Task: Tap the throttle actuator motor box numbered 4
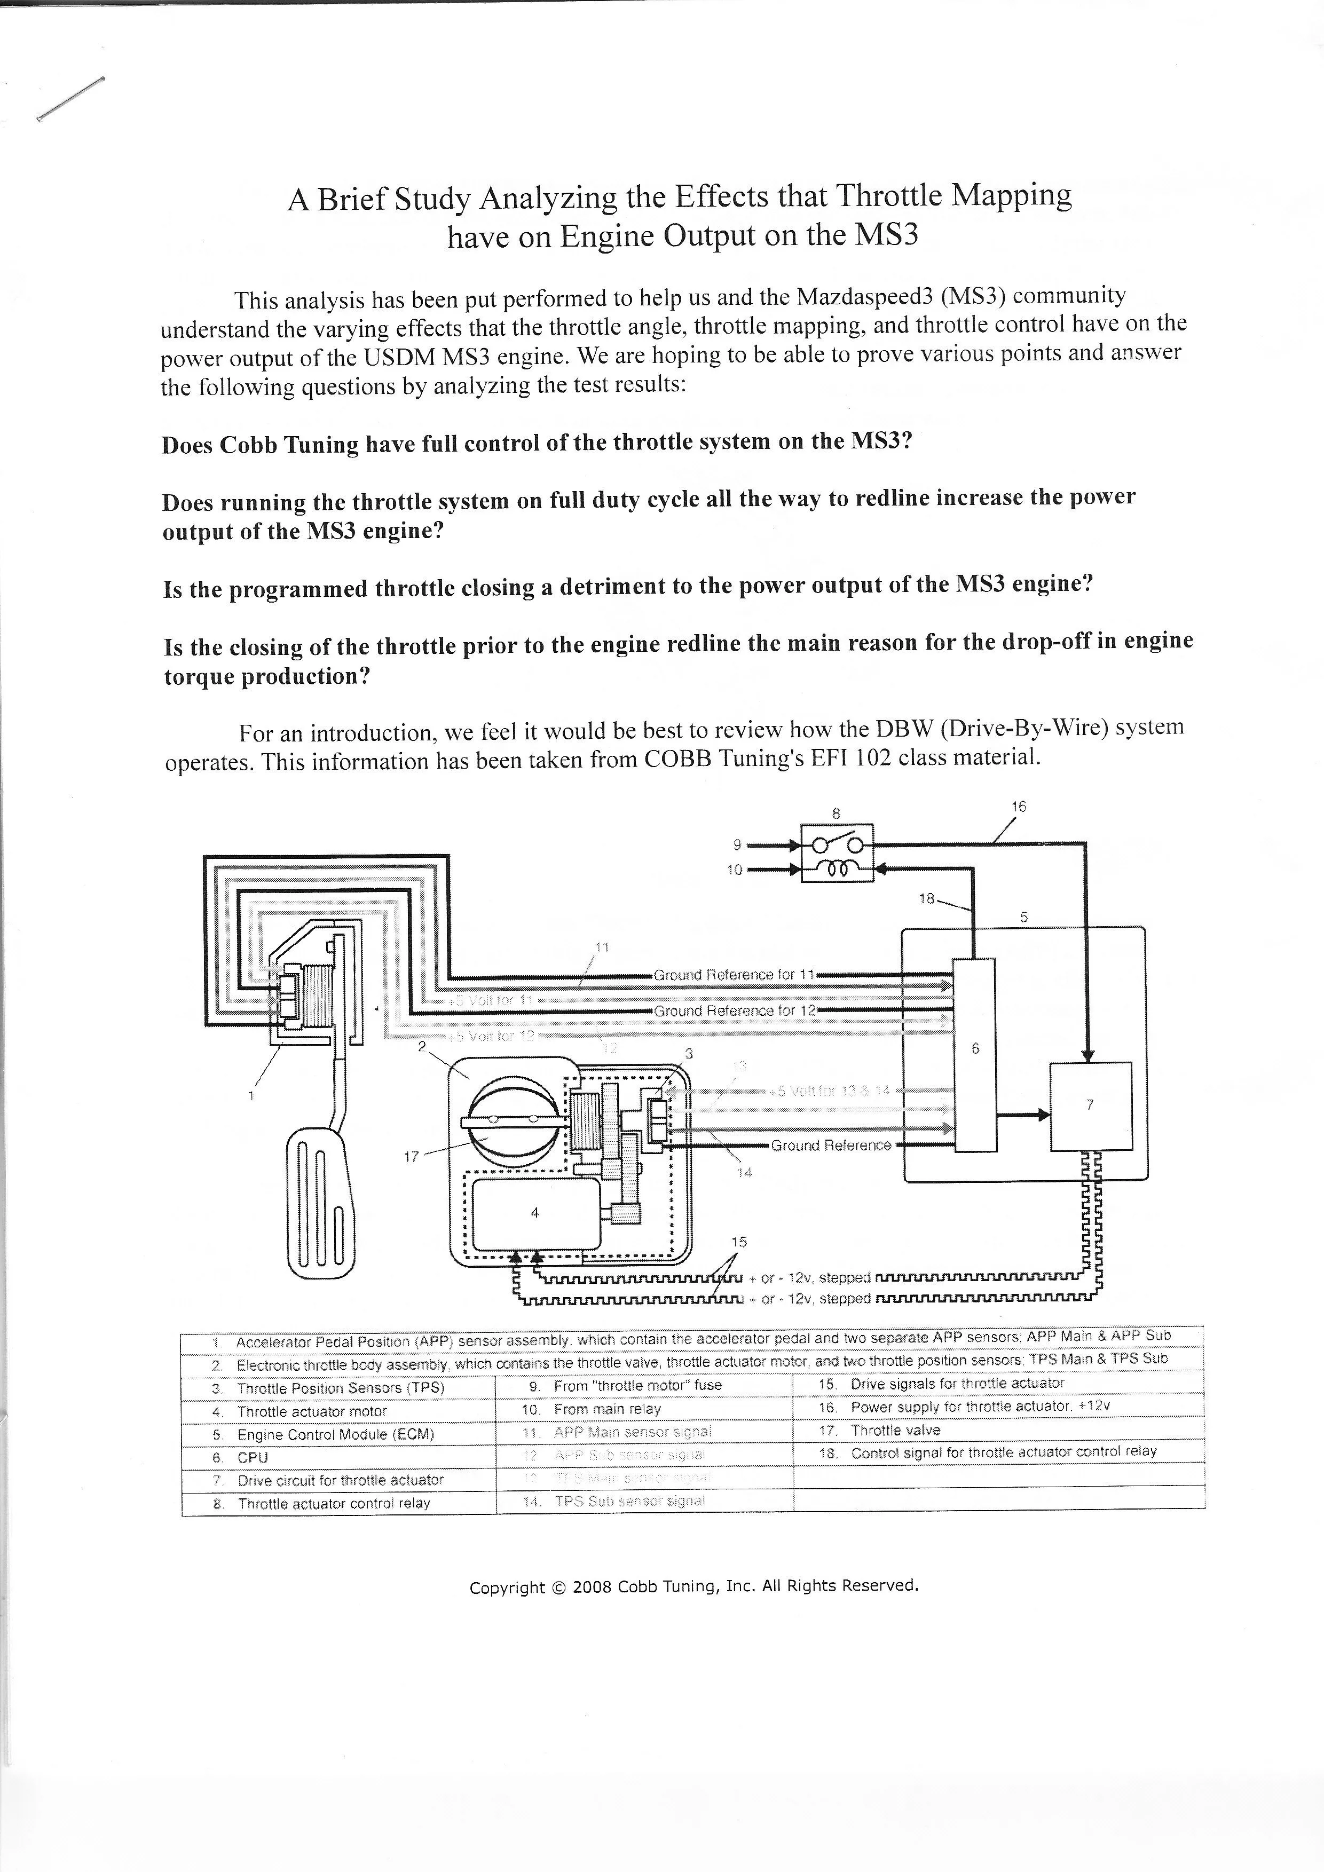(534, 1212)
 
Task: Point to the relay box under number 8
(837, 853)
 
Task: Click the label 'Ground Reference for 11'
(734, 974)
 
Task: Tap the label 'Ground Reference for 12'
(734, 1010)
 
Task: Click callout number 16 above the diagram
(1018, 807)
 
